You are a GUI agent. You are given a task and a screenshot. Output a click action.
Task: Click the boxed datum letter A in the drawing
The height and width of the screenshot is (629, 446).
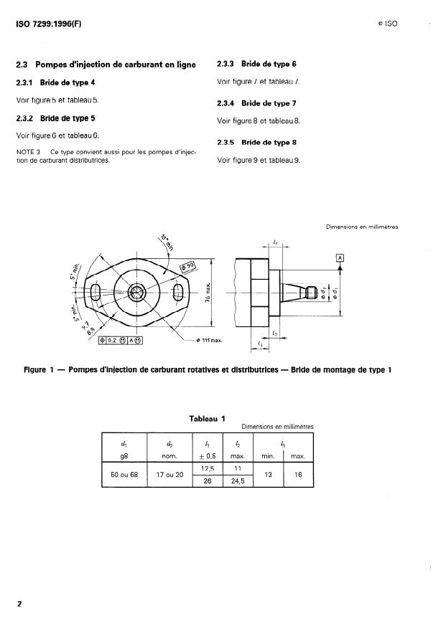(340, 257)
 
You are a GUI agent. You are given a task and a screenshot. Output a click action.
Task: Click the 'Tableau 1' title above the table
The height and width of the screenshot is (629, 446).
(207, 418)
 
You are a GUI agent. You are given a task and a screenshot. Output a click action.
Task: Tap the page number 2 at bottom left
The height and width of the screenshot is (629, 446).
(19, 603)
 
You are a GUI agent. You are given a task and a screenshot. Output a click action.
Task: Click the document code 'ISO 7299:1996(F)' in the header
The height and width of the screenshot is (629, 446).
(49, 23)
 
